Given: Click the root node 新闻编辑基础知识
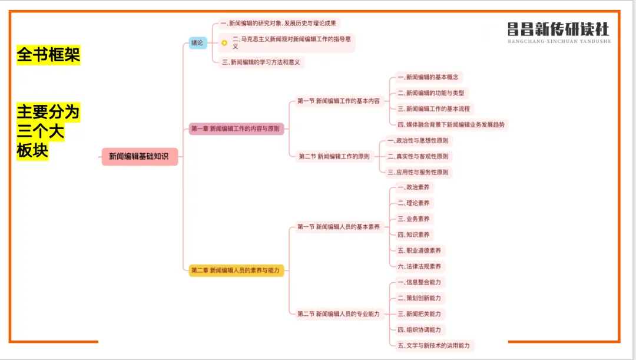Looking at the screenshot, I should coord(139,157).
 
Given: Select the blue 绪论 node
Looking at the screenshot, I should coord(197,42).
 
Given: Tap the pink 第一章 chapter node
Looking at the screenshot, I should coord(236,128).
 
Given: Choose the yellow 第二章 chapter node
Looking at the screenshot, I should coord(236,270).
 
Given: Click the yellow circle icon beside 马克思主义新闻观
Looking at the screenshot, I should coord(224,42).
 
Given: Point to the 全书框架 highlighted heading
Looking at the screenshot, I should coord(48,55).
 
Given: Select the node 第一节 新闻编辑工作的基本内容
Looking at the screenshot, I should coord(338,101).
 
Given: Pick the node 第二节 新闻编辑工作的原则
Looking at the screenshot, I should coord(334,157).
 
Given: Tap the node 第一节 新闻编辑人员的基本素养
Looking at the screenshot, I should coord(338,227).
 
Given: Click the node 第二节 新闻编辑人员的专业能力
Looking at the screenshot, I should coord(338,314).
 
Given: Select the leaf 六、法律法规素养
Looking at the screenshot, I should coord(419,266).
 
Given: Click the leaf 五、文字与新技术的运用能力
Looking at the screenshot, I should coord(435,345).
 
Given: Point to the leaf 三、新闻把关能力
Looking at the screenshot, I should coord(419,314).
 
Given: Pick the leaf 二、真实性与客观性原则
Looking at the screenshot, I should coord(419,157).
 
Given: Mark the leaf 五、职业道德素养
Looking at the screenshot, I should coord(419,250).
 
